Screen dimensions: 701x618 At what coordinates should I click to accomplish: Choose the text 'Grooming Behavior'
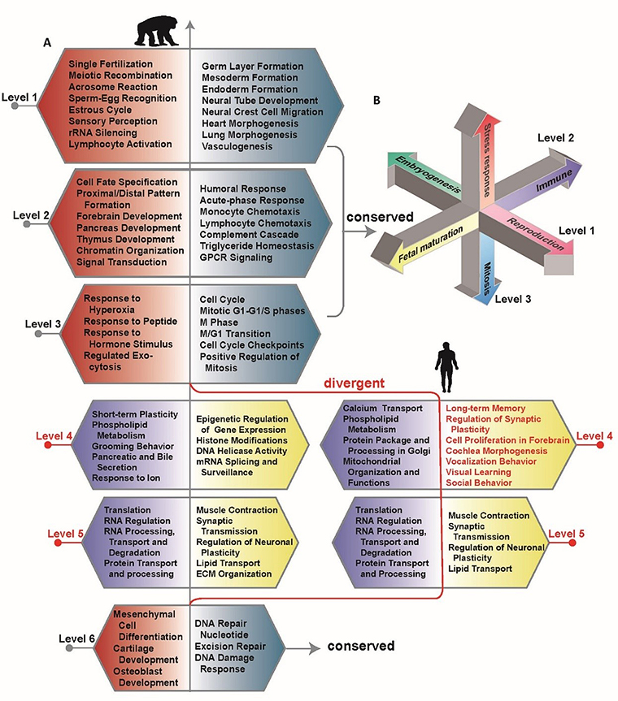tap(132, 444)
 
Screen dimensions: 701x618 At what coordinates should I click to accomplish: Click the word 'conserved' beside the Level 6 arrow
tap(360, 647)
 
